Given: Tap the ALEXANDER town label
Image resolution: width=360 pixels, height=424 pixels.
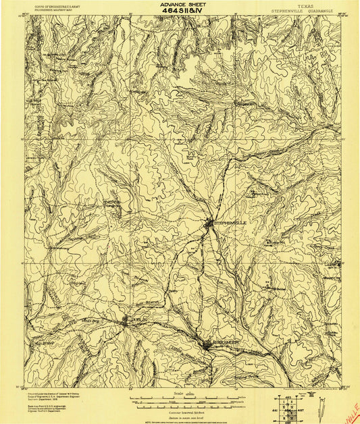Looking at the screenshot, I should click(x=224, y=342).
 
